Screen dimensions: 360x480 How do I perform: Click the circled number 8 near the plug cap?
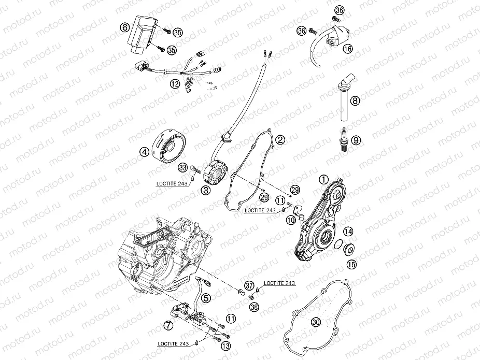[x=355, y=100]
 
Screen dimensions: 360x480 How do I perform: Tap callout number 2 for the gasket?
[x=280, y=139]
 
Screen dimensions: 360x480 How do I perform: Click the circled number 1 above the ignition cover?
[x=324, y=179]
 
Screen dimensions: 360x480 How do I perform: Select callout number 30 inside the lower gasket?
[x=316, y=322]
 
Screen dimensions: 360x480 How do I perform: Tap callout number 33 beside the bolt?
[x=182, y=167]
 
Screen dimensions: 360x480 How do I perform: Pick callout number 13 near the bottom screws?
[x=225, y=345]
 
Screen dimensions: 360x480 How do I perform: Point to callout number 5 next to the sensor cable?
[x=206, y=298]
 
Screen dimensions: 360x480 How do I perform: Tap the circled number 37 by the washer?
[x=249, y=285]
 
